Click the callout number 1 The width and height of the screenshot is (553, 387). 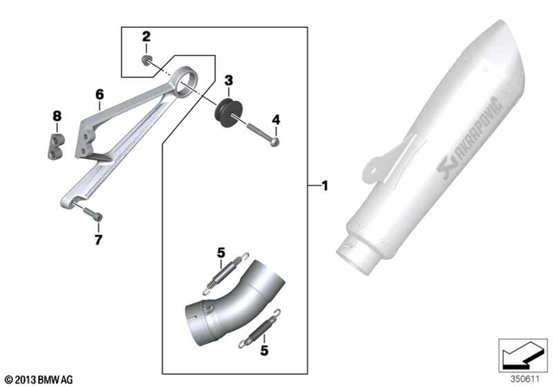coord(324,186)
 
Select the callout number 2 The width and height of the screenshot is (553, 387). coord(146,36)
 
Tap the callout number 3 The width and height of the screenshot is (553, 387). coord(227,80)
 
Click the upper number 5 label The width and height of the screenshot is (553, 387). coord(220,252)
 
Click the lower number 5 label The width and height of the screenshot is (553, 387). coord(264,352)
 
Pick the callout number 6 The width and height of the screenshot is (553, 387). coord(99,93)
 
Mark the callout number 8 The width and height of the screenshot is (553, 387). coord(57,115)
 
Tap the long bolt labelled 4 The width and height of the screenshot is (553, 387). coord(258,134)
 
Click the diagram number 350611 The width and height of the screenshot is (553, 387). coord(523,378)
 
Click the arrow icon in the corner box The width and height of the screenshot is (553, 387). coord(521,354)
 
